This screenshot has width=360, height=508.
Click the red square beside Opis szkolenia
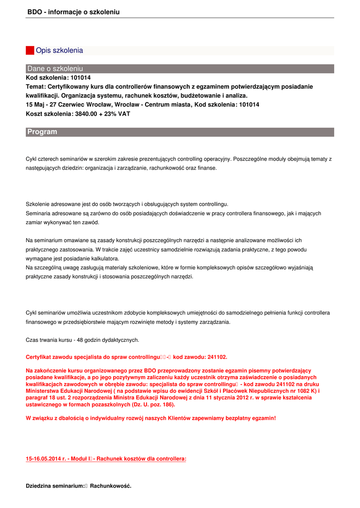[30, 51]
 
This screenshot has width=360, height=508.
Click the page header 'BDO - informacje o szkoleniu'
[73, 12]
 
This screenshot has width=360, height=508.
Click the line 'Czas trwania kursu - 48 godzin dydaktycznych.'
[82, 340]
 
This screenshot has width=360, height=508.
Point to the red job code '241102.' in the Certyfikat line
[214, 357]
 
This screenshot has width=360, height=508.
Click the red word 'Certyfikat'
[40, 357]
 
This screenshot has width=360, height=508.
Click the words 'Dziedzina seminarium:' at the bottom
[55, 486]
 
